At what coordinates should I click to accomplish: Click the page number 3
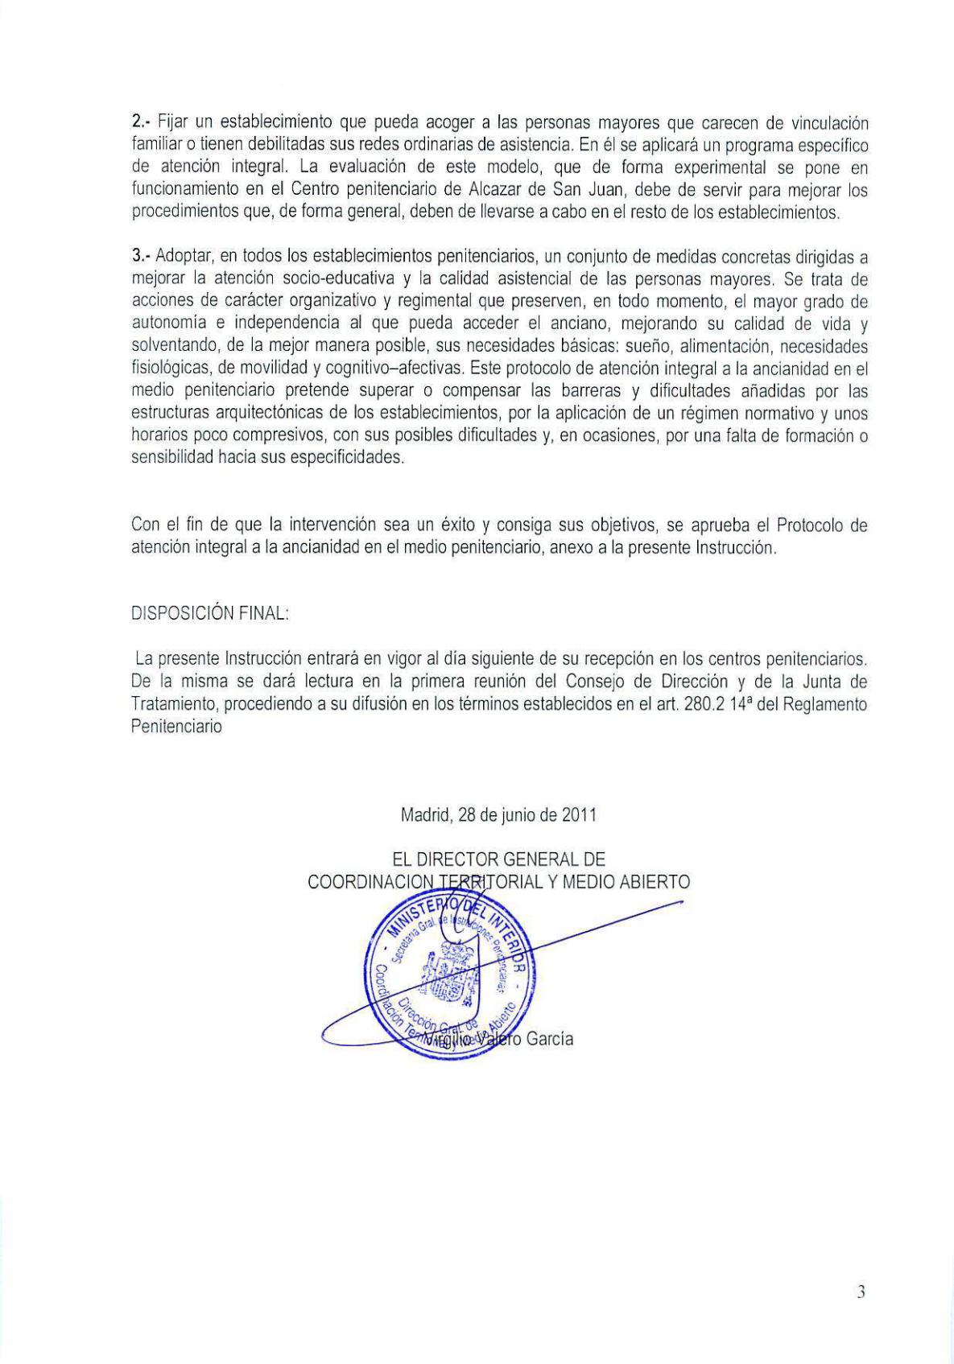point(861,1292)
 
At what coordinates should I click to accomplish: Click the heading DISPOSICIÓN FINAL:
point(198,612)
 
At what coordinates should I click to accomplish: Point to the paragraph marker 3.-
point(142,257)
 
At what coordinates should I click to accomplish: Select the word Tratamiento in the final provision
point(173,704)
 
